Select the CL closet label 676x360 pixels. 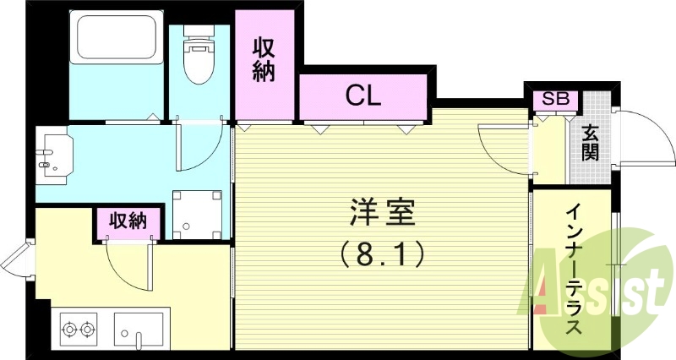363,95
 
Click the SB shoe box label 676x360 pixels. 555,99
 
